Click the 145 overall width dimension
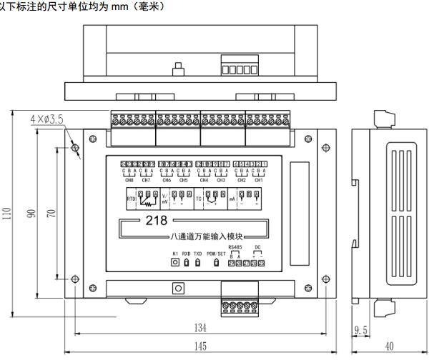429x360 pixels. tap(199, 346)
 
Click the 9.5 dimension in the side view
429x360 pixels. tap(360, 330)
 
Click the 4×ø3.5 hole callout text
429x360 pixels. tap(47, 117)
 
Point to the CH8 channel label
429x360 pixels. tap(129, 180)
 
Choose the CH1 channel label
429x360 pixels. tap(260, 180)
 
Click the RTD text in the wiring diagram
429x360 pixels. tap(130, 200)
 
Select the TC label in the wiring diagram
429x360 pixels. tap(199, 200)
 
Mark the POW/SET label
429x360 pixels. tap(216, 254)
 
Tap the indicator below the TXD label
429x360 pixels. tap(198, 263)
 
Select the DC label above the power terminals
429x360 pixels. tap(257, 247)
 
